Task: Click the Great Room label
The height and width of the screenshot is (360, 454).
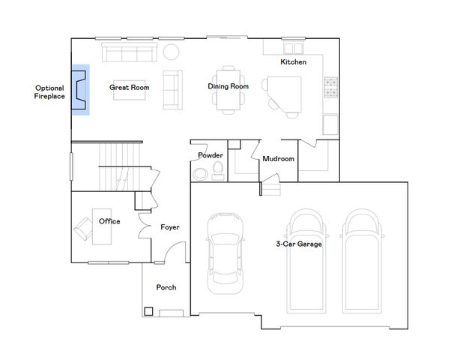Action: tap(129, 87)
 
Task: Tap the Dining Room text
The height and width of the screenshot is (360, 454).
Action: tap(228, 86)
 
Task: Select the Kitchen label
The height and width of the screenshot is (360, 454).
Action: tap(294, 61)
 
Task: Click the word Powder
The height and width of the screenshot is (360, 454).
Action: tap(211, 155)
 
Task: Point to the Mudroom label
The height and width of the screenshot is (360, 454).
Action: tap(278, 158)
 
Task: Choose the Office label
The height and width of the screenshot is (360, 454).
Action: tap(109, 221)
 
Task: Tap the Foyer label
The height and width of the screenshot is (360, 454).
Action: tap(170, 227)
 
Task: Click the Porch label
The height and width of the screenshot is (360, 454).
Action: tap(166, 287)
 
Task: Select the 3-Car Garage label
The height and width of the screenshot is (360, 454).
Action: tap(299, 244)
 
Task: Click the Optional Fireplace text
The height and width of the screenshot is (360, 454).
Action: tap(49, 92)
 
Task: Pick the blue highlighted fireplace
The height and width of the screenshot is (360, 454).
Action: tap(80, 90)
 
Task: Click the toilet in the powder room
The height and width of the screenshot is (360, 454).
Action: tap(218, 170)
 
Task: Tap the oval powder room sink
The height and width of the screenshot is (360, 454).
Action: tap(200, 174)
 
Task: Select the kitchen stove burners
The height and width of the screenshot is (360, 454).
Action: tap(331, 87)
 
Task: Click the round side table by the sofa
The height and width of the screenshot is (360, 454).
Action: tap(171, 52)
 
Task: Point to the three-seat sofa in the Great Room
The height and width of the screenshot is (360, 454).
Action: tap(130, 52)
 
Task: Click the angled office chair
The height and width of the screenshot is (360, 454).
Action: tap(84, 229)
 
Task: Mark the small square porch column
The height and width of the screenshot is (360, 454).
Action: tap(148, 311)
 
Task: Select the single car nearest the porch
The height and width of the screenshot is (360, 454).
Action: tap(226, 253)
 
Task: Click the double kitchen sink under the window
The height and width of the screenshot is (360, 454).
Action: tap(294, 48)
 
